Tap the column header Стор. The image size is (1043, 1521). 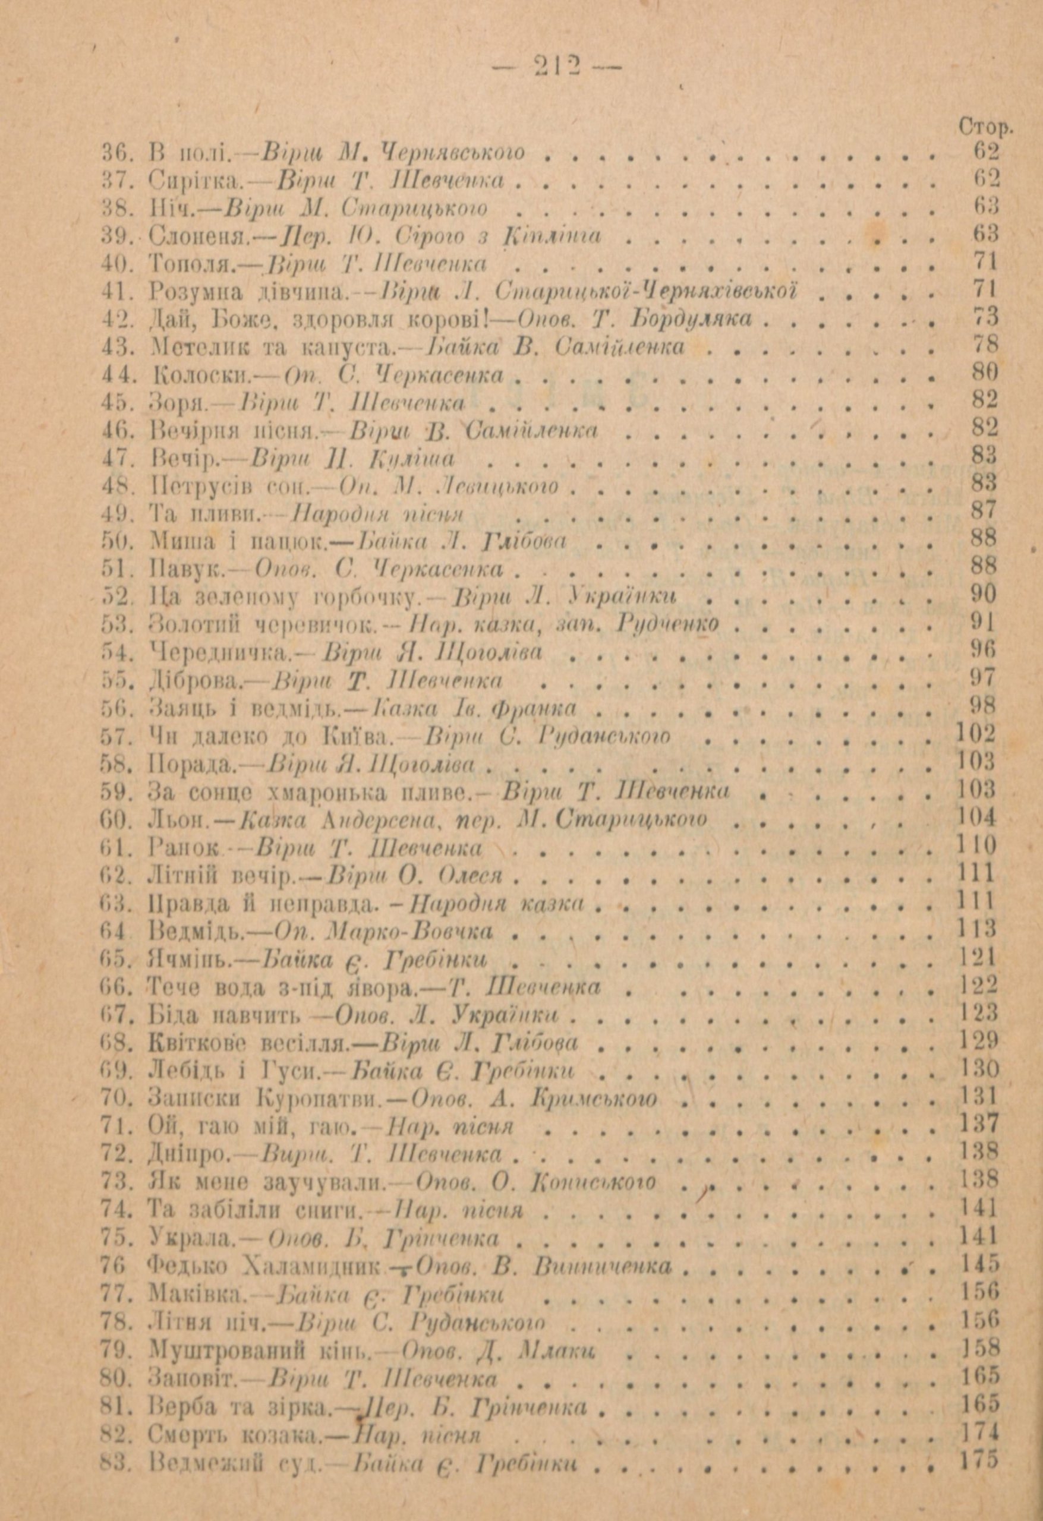(984, 128)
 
